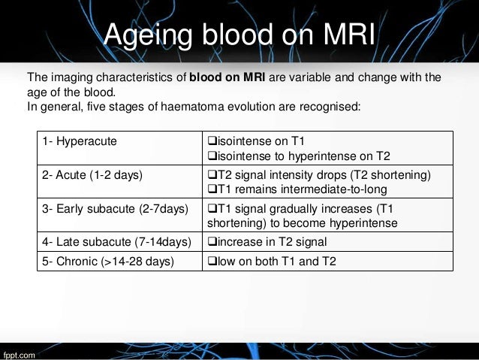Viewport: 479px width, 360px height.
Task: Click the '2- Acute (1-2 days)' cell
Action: coord(92,176)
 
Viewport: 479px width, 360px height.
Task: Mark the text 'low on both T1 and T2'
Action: coord(272,262)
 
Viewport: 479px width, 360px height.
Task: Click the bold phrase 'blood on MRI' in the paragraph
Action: coord(224,77)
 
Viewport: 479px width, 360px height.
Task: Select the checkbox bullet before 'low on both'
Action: coord(211,262)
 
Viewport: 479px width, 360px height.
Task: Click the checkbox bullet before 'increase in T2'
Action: coord(211,241)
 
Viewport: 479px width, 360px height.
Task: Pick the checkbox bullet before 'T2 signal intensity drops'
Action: coord(211,176)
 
